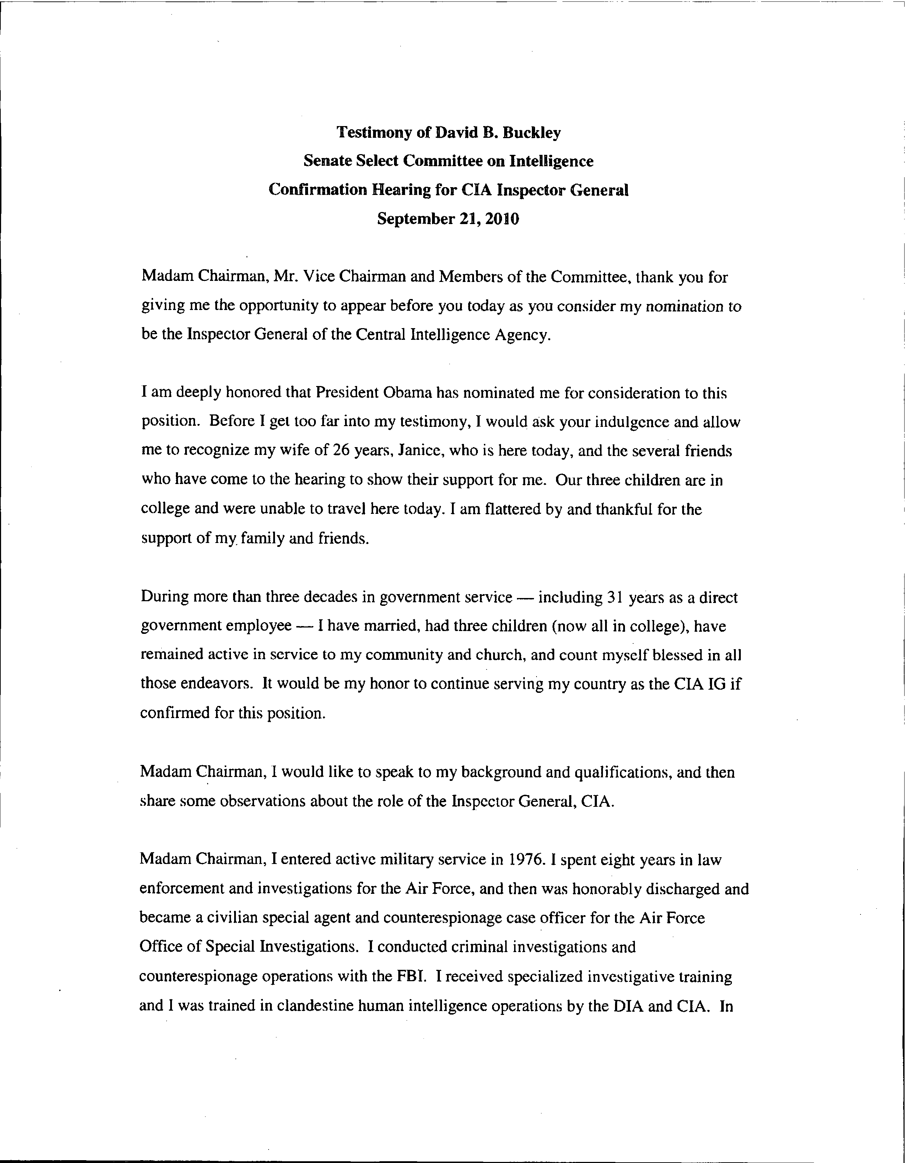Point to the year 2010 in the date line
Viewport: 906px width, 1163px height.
pos(501,219)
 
